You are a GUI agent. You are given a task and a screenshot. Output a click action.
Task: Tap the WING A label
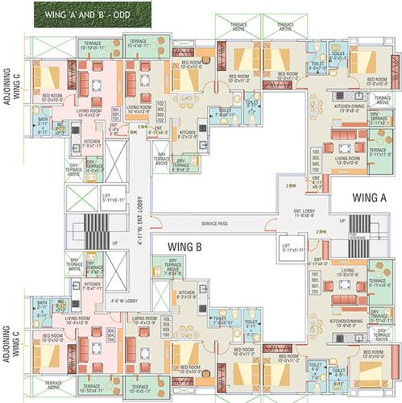371,196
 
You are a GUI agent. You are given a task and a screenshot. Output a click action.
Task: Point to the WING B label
185,247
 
